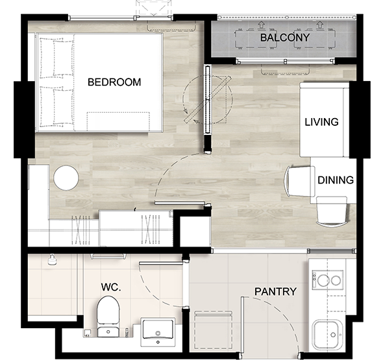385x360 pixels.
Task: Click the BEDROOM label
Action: [114, 82]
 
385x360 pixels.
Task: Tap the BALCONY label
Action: [285, 38]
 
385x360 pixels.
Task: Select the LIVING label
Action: [321, 122]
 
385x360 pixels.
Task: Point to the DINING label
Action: [336, 180]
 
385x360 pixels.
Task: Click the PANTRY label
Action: [275, 292]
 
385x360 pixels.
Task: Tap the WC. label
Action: [111, 287]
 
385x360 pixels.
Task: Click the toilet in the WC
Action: [108, 317]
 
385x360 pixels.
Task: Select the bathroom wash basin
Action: [158, 332]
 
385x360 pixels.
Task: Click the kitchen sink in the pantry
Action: [328, 334]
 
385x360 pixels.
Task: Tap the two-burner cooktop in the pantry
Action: [328, 280]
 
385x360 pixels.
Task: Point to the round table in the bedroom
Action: [66, 178]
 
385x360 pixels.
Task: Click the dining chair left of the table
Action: [299, 182]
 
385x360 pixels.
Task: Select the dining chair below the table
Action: [332, 211]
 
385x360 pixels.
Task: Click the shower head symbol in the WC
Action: [52, 260]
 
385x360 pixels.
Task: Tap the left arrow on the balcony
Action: [262, 25]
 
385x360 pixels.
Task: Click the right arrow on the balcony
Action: [319, 25]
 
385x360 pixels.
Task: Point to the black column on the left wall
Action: [24, 119]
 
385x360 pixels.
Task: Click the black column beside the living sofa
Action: [360, 119]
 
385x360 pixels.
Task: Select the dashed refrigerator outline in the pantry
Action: [214, 330]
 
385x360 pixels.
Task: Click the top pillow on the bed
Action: [56, 56]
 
